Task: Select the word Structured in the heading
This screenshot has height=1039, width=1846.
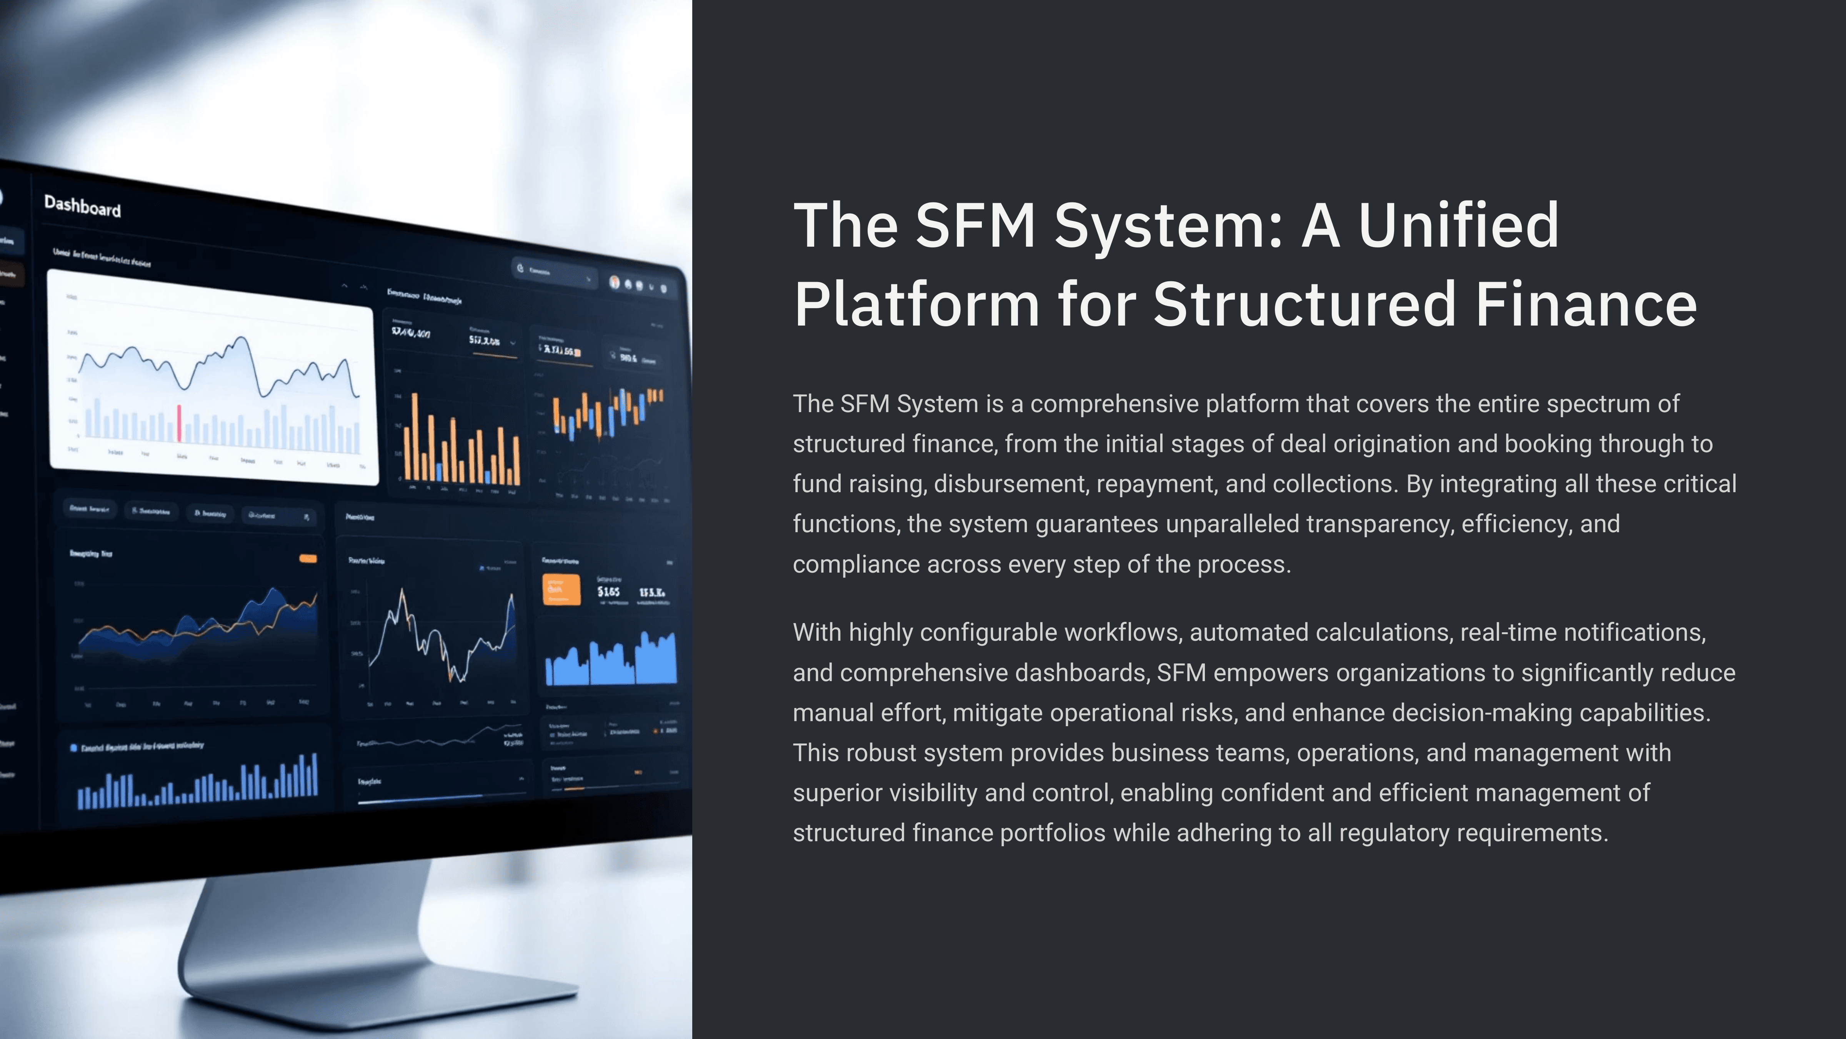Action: click(1304, 304)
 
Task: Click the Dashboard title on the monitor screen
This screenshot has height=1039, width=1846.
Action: click(82, 207)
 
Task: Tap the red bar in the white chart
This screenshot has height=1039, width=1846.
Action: click(178, 423)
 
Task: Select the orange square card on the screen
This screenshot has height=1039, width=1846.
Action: click(561, 590)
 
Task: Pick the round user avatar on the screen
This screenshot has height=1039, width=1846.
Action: click(614, 282)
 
